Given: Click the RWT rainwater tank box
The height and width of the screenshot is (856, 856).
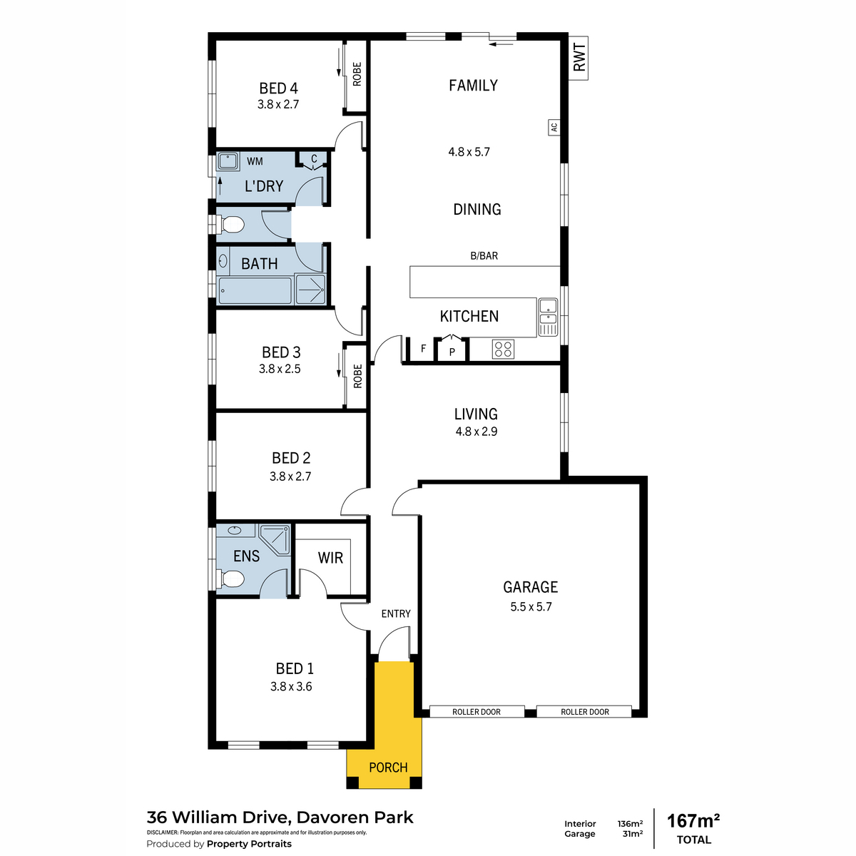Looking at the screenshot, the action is (578, 58).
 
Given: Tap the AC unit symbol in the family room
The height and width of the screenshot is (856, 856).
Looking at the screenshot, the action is (554, 128).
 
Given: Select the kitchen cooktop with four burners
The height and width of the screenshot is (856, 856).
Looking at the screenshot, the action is (503, 349).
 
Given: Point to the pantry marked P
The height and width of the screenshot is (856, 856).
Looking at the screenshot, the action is (452, 350).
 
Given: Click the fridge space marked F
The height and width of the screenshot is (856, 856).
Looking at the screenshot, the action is (423, 349).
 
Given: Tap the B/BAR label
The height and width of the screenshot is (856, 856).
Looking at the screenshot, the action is (484, 256).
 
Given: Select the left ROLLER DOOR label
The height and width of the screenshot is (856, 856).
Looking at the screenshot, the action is (477, 712).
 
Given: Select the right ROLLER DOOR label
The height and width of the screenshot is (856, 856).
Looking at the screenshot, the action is (585, 712).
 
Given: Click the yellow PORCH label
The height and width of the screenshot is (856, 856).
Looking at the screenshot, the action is (388, 767).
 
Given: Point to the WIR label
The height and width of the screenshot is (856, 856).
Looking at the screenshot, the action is (330, 558).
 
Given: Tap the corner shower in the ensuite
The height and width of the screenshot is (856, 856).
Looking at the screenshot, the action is (275, 540).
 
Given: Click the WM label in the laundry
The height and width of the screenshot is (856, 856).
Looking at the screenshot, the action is (255, 161).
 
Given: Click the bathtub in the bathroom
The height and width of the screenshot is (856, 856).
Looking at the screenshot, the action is (255, 290).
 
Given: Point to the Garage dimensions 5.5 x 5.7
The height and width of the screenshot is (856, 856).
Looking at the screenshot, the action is (531, 607).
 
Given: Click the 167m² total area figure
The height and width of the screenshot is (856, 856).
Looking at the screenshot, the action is (693, 821).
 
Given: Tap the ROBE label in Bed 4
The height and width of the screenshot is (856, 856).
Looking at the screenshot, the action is (357, 74).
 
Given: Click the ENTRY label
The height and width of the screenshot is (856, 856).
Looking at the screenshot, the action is (396, 613).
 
